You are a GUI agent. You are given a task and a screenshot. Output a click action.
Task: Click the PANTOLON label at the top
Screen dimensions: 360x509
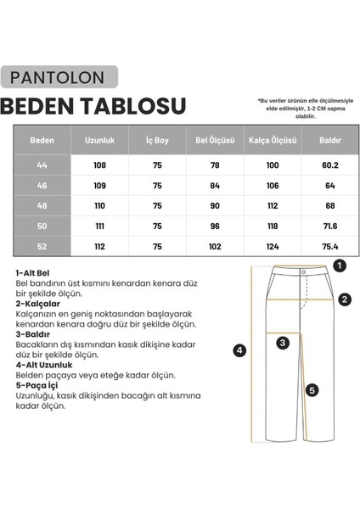click(59, 78)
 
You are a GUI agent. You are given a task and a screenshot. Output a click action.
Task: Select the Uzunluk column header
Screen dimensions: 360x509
click(99, 140)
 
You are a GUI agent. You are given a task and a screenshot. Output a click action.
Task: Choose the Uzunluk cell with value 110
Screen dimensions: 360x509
click(99, 206)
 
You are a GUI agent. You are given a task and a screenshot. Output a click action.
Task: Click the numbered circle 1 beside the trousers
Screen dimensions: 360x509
click(340, 266)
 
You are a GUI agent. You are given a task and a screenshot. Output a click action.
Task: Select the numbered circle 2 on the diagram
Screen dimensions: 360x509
click(345, 299)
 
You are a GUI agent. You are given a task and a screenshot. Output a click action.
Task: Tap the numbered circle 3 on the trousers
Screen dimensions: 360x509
click(284, 342)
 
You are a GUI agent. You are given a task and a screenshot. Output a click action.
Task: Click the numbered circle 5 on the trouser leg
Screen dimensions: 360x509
click(312, 390)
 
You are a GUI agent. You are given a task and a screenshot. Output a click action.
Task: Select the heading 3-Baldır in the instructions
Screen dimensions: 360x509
click(35, 333)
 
